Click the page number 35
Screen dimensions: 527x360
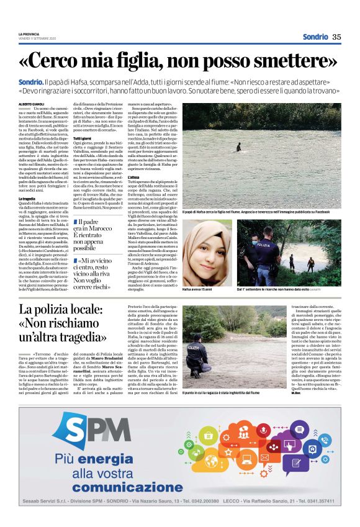336,37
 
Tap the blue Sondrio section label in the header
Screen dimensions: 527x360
315,37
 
